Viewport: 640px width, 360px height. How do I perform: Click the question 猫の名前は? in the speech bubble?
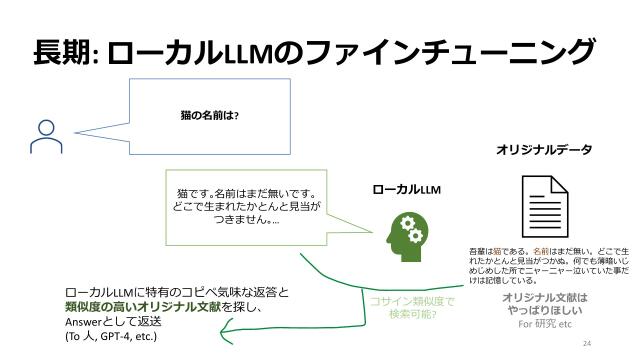pos(209,114)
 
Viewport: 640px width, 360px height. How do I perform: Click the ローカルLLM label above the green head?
pos(406,188)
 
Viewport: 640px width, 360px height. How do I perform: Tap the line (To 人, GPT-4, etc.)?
pos(111,336)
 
